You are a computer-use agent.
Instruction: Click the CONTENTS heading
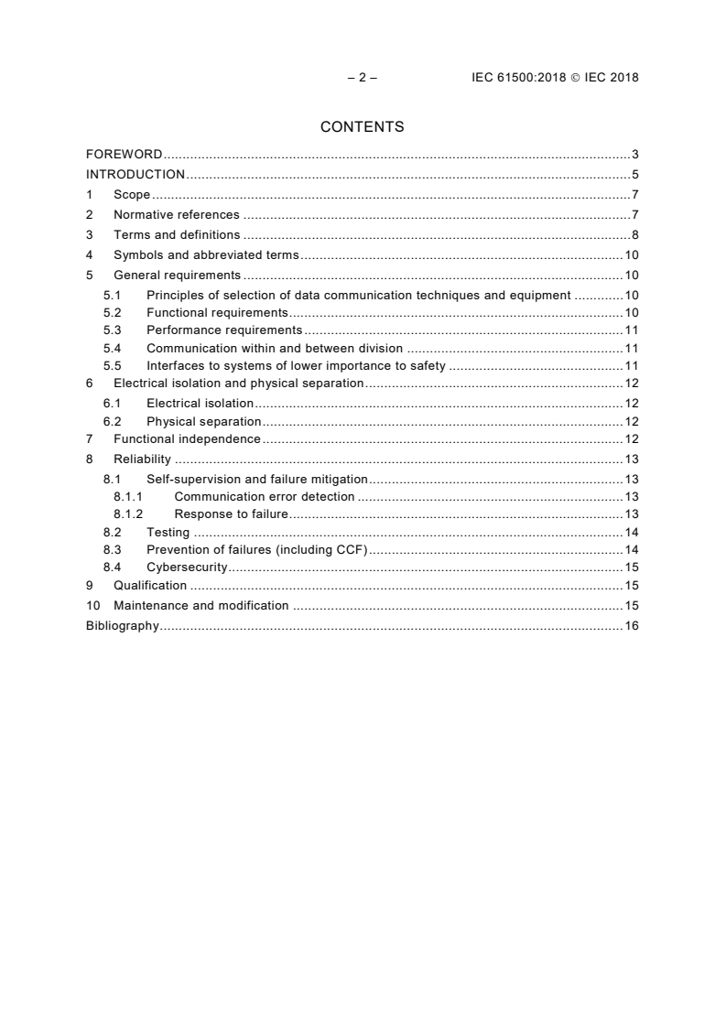tap(363, 127)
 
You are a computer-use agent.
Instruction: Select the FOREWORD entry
tap(125, 154)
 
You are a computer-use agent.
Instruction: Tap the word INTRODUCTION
tap(135, 174)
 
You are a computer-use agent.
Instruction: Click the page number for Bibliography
tap(632, 626)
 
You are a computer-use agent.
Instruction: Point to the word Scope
tap(132, 194)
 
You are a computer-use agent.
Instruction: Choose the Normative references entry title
tap(177, 215)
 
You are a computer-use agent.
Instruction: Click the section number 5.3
tap(112, 330)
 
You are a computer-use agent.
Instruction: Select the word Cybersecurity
tap(187, 568)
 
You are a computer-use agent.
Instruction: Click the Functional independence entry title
tap(187, 439)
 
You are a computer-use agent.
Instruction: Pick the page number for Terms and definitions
tap(635, 235)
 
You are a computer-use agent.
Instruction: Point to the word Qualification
tap(150, 586)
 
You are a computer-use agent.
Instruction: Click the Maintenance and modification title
tap(201, 606)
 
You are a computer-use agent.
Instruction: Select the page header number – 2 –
tap(363, 78)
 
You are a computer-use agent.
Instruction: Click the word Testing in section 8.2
tap(168, 533)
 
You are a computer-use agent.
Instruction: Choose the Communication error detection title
tap(265, 497)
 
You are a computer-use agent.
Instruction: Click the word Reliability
tap(142, 459)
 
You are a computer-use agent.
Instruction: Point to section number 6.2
tap(112, 421)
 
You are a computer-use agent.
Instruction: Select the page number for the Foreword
tap(635, 154)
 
